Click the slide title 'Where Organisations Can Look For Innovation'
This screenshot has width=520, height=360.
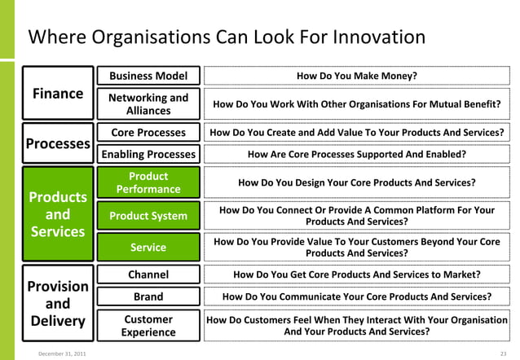[x=227, y=37]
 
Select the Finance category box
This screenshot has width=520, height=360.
[x=57, y=94]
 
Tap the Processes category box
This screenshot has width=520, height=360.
[x=57, y=143]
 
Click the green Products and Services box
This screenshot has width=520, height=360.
[x=57, y=214]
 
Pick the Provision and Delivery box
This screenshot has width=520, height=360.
[x=57, y=304]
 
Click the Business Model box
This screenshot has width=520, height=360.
[x=148, y=77]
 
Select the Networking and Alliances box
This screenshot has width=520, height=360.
[x=148, y=104]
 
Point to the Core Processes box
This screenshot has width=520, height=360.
[x=148, y=132]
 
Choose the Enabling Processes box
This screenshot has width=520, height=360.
[x=148, y=154]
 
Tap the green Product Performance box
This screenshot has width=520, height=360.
[x=148, y=182]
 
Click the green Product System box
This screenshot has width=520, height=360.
[x=148, y=216]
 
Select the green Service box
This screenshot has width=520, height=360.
[x=148, y=247]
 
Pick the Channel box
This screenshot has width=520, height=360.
[x=148, y=274]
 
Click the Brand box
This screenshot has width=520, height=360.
[x=148, y=296]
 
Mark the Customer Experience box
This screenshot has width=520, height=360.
[x=148, y=326]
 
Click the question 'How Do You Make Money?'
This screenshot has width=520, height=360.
[x=356, y=77]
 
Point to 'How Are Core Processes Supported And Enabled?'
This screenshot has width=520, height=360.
[x=356, y=154]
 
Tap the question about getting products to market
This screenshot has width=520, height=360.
[x=356, y=274]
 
